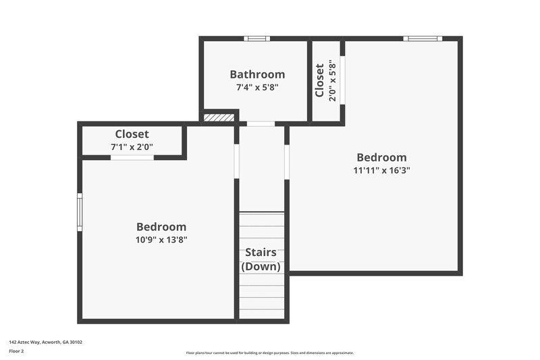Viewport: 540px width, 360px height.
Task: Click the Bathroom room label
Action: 257,74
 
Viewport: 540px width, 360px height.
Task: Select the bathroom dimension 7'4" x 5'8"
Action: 257,87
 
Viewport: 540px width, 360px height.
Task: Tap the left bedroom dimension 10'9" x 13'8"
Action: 161,239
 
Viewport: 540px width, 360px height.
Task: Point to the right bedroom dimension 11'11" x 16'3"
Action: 381,170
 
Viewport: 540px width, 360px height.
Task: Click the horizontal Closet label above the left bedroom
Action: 132,134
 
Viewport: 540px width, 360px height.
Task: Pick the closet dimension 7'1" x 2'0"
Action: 132,147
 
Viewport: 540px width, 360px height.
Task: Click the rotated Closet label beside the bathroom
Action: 319,81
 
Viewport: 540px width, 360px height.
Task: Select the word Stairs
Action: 261,253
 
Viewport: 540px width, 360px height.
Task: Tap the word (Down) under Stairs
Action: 261,266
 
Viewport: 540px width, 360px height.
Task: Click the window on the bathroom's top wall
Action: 256,38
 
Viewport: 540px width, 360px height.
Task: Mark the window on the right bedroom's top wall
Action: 423,38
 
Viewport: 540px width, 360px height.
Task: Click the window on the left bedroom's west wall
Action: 80,211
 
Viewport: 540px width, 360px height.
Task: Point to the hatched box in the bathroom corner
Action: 219,118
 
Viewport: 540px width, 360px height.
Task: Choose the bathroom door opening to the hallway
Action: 261,124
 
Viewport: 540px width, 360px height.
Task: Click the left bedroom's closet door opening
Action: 132,157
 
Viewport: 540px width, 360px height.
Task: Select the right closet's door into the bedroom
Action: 342,80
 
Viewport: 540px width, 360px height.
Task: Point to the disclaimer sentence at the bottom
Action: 269,353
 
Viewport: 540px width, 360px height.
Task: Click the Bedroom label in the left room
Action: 161,227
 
